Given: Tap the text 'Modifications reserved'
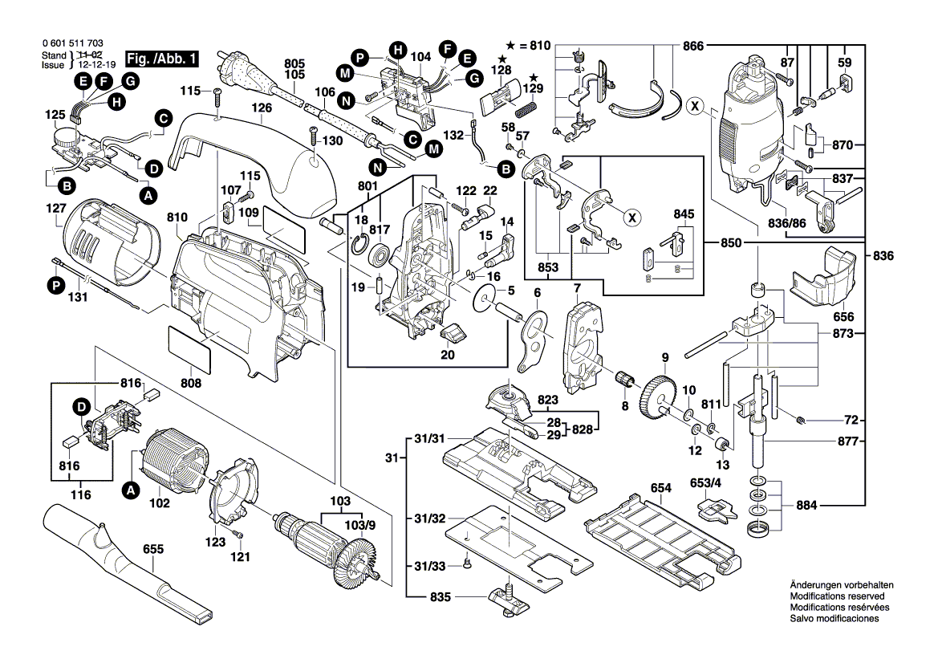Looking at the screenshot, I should [x=837, y=597].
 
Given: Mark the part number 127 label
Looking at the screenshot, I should [x=54, y=207].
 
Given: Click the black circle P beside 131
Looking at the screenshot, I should [x=55, y=284].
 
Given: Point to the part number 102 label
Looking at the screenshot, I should [x=160, y=504].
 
